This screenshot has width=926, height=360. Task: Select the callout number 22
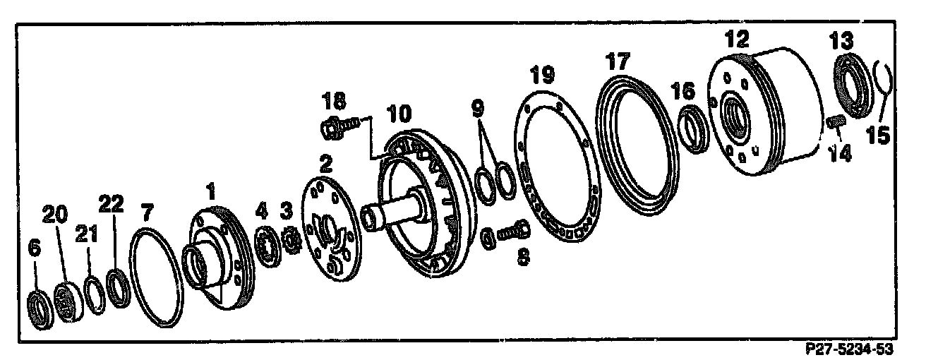pyautogui.click(x=111, y=205)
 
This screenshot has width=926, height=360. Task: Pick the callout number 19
pyautogui.click(x=543, y=75)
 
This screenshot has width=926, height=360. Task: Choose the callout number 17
pyautogui.click(x=616, y=62)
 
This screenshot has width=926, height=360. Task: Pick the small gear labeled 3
pyautogui.click(x=291, y=241)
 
